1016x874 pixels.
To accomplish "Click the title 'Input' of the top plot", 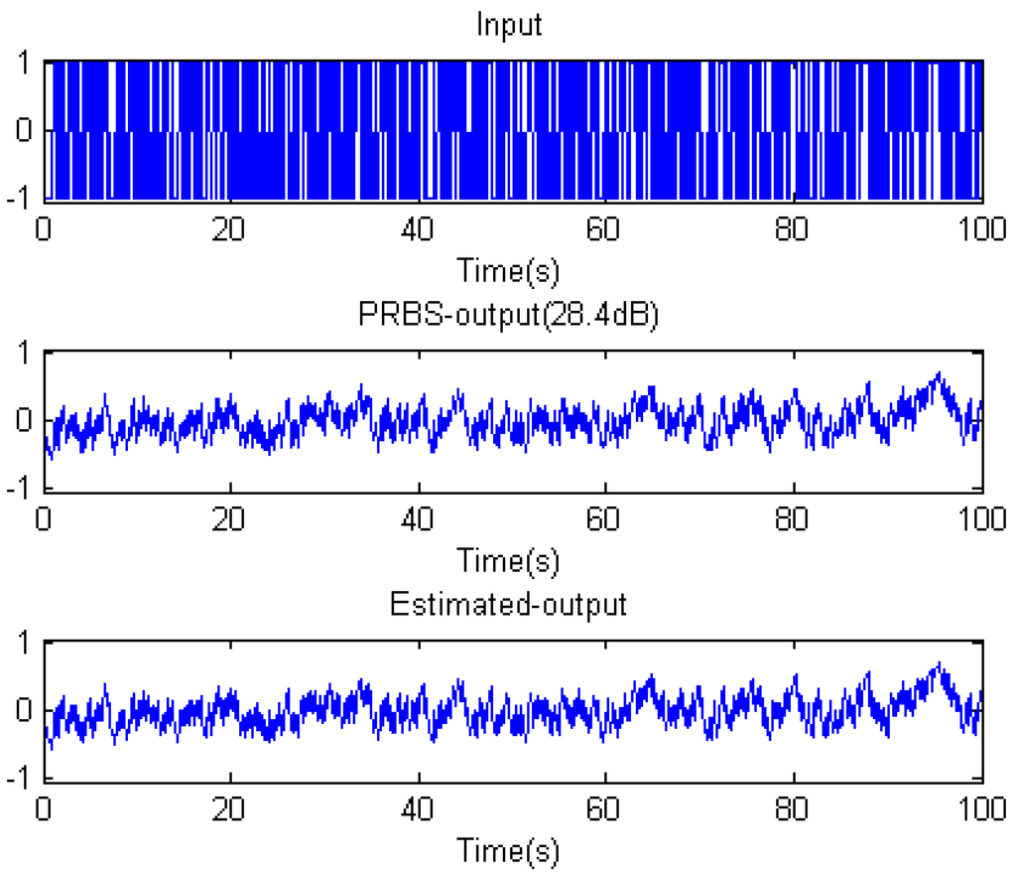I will pyautogui.click(x=509, y=24).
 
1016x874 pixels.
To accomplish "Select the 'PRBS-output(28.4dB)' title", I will pyautogui.click(x=508, y=315).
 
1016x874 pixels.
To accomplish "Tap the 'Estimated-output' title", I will pyautogui.click(x=508, y=605).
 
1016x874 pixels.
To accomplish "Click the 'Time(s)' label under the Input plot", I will pyautogui.click(x=508, y=270).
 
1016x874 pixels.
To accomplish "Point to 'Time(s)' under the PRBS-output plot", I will pyautogui.click(x=508, y=560).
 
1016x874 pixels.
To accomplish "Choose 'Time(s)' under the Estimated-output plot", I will pyautogui.click(x=508, y=850).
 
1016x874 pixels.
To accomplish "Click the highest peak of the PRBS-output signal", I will pyautogui.click(x=938, y=373).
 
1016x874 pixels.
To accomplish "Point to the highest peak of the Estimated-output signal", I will pyautogui.click(x=938, y=663).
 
